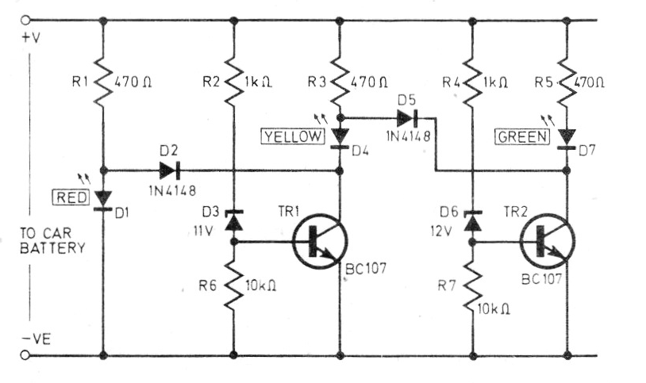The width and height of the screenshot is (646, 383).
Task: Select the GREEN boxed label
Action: click(x=521, y=136)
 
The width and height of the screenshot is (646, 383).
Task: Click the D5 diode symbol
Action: click(x=408, y=118)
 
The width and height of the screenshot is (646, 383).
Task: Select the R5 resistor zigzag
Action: click(x=568, y=79)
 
